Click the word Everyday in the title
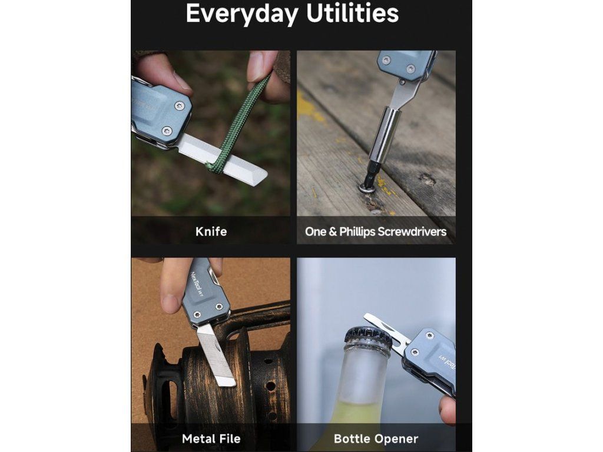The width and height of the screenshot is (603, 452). point(242,15)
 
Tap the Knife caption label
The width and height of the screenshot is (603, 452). point(211,231)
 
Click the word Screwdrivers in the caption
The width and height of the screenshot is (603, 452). point(412,232)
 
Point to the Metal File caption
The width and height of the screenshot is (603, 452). point(211,438)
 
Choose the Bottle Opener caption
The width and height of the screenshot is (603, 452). point(376,438)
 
